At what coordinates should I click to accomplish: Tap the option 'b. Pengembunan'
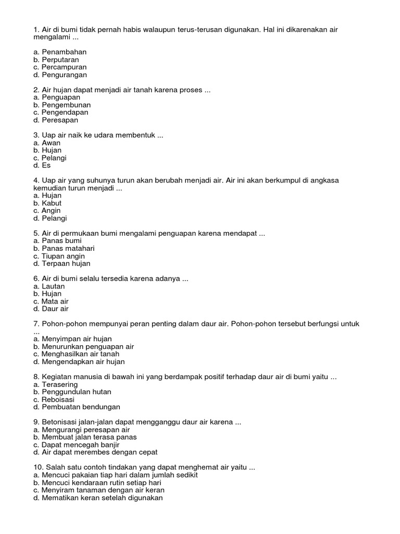pos(61,105)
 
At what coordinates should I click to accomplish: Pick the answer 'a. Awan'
pos(47,143)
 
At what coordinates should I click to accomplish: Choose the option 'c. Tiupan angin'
pos(59,257)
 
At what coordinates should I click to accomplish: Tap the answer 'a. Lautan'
pos(49,286)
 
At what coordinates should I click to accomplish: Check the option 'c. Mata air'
pos(51,301)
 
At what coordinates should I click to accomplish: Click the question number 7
pos(35,324)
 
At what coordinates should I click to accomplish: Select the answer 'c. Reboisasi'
pos(54,399)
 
